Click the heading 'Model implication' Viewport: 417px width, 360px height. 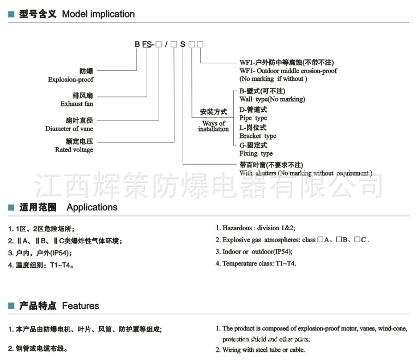[98, 14]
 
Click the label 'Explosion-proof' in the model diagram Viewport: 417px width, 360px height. [70, 80]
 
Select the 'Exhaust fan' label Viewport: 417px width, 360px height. [78, 104]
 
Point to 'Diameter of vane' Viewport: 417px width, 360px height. [69, 129]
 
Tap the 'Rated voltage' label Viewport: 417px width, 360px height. [74, 149]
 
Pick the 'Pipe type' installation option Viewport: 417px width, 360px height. [253, 118]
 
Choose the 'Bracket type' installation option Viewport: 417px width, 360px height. [258, 136]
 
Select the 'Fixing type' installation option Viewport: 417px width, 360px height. [256, 154]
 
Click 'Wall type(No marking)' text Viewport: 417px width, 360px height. [272, 99]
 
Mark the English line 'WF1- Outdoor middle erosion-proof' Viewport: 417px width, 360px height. [288, 71]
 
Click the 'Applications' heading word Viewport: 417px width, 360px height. [92, 207]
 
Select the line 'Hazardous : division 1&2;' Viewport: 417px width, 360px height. [258, 228]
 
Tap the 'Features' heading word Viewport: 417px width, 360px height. [81, 306]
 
